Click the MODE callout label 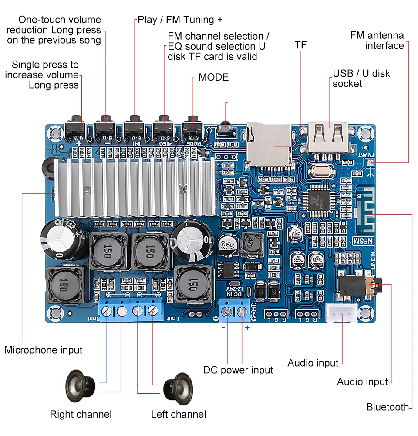point(213,78)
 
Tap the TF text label point(300,45)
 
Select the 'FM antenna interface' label point(377,41)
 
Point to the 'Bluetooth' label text point(388,407)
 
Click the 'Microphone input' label point(43,350)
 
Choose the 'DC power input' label point(238,370)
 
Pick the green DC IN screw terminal point(234,311)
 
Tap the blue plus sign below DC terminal point(247,328)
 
